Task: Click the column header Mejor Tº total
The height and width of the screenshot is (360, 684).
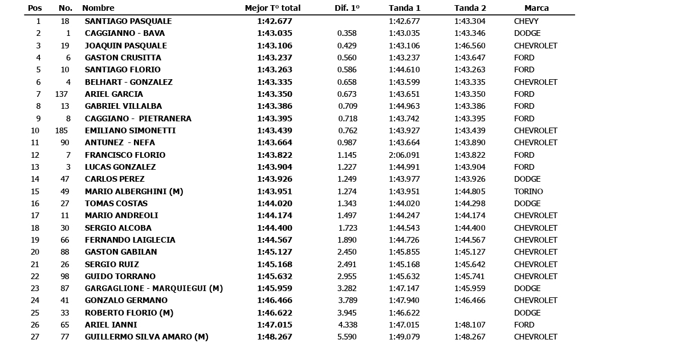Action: (x=272, y=9)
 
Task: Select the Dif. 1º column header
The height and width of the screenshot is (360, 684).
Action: (x=347, y=9)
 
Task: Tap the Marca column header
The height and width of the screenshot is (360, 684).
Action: (x=536, y=9)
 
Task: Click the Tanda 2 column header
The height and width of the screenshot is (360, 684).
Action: (x=470, y=9)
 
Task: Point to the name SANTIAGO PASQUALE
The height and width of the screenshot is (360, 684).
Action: (x=128, y=21)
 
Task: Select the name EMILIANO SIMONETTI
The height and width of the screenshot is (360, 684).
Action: (x=130, y=130)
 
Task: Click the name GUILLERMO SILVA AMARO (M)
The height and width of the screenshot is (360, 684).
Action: (x=146, y=337)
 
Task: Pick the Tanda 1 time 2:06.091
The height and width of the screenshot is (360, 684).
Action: (x=404, y=155)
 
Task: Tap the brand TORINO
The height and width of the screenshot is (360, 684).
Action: (x=528, y=191)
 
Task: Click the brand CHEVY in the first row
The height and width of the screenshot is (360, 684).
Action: (x=526, y=21)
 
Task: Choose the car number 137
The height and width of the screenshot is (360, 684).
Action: (x=62, y=94)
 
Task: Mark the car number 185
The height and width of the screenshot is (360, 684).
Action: (x=62, y=130)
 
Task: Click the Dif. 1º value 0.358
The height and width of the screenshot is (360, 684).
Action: (x=347, y=33)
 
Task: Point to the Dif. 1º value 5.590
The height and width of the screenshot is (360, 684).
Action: (x=347, y=337)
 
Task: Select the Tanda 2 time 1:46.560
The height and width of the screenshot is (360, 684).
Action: (x=470, y=46)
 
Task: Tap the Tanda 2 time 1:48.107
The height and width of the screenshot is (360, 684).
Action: (x=470, y=325)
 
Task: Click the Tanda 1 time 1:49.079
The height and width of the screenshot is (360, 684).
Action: (x=404, y=337)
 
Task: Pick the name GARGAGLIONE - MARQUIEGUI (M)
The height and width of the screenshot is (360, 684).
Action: (x=154, y=288)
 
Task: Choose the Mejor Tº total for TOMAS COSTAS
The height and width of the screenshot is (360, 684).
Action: (x=274, y=203)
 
